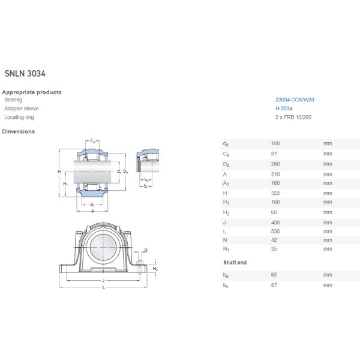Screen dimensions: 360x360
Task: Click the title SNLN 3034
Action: (25, 74)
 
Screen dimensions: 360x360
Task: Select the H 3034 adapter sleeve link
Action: (284, 109)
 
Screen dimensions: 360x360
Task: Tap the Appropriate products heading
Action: (32, 92)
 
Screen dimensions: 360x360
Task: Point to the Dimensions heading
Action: (19, 131)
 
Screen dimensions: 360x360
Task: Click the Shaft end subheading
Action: (235, 263)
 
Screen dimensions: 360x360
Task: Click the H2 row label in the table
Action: (226, 212)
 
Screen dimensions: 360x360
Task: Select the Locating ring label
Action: (18, 118)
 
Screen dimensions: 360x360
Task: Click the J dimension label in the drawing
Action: (104, 280)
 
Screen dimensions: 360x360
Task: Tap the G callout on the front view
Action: (145, 250)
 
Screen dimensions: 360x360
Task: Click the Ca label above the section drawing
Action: (92, 140)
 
